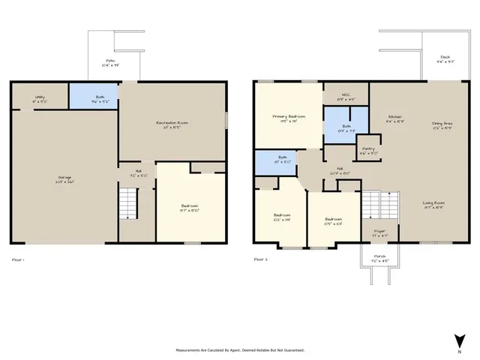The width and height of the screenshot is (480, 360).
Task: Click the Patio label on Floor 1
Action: click(110, 62)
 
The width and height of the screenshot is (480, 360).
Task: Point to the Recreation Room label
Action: click(172, 124)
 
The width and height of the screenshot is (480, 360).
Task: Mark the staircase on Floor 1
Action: click(129, 203)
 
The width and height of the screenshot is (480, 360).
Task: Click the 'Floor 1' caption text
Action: click(19, 259)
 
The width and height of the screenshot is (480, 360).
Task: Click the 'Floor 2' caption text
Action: click(260, 259)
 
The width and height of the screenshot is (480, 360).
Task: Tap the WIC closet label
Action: click(345, 97)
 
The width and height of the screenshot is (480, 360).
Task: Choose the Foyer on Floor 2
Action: click(379, 232)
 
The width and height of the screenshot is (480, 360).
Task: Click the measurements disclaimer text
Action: click(240, 350)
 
